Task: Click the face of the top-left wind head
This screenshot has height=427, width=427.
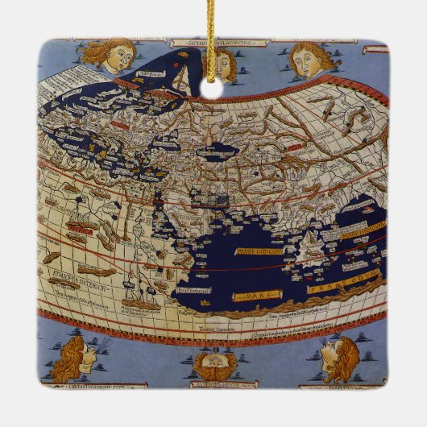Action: tap(116, 57)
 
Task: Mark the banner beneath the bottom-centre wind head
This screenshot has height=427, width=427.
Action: tap(213, 385)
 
